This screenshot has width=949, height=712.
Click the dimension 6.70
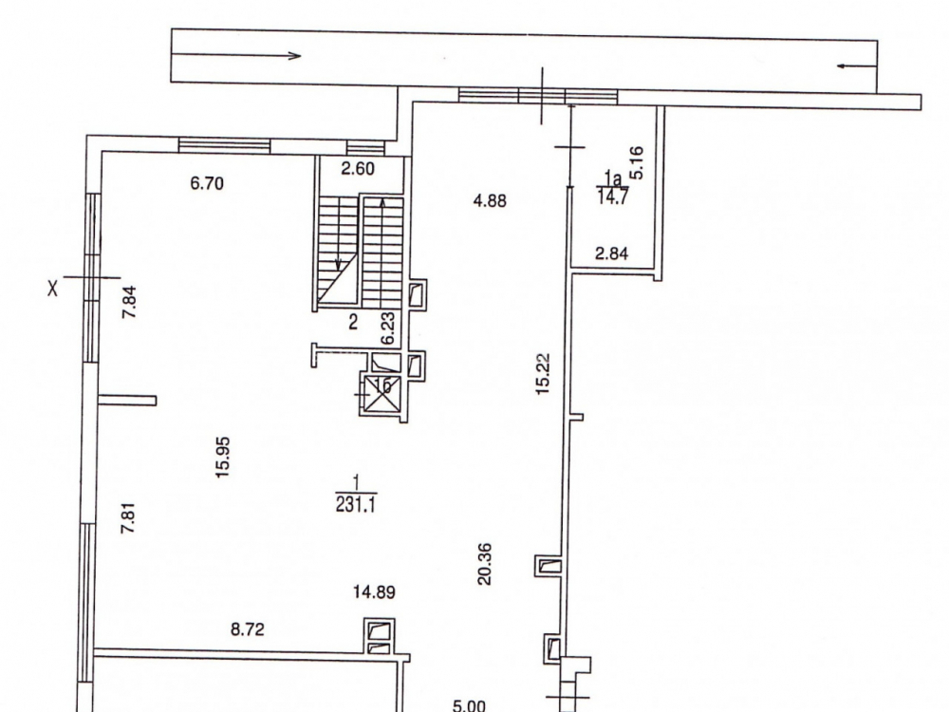pos(207,183)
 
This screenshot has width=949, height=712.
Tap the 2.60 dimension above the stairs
pos(358,168)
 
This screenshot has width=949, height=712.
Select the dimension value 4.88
pos(490,200)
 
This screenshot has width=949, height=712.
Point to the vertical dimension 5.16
pos(637,163)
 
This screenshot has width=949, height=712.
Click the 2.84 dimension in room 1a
pos(611,253)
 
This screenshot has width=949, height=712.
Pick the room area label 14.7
pos(612,197)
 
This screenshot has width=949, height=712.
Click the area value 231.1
pos(356,504)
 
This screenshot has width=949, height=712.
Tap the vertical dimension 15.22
pos(543,374)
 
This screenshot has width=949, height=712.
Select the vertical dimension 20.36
pos(485,564)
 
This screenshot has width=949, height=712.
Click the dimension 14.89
pos(375,591)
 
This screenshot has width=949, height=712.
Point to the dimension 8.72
pos(248,629)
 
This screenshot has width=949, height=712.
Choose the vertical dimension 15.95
pos(223,458)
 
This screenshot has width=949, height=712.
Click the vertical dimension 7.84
pos(129,302)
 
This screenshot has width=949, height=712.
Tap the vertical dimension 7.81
pos(128,518)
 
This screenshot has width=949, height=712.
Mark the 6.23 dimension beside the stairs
pos(388,328)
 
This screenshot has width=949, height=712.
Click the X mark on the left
pos(53,289)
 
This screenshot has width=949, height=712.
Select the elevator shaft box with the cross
pos(380,394)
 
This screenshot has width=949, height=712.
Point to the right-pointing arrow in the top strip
pos(236,55)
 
